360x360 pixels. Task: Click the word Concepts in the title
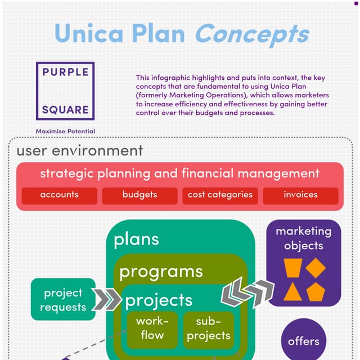tap(251, 34)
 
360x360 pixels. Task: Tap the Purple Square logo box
tap(65, 91)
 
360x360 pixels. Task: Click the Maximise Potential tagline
tap(65, 131)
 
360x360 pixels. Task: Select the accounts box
tap(60, 195)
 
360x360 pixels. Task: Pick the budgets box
tap(139, 195)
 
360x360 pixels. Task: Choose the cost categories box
tap(220, 195)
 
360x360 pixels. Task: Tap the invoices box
tap(300, 195)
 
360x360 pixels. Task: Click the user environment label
tap(79, 151)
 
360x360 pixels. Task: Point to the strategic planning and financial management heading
tap(179, 173)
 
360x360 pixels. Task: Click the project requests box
tap(63, 300)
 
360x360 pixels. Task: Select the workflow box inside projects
tap(149, 328)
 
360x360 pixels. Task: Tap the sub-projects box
tap(209, 328)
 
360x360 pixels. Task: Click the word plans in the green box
tap(136, 240)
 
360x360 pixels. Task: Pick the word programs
tap(161, 272)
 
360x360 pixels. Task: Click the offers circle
tap(304, 341)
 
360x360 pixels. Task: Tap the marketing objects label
tap(304, 238)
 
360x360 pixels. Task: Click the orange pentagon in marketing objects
tap(316, 291)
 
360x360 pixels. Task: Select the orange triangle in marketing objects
tap(291, 291)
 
